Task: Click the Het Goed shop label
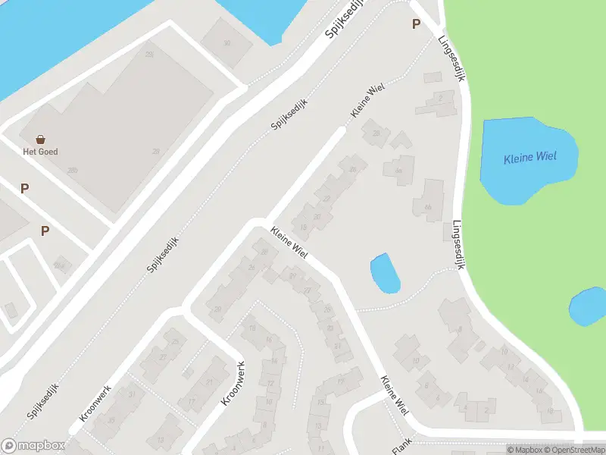pyautogui.click(x=41, y=152)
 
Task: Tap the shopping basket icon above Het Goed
pyautogui.click(x=41, y=139)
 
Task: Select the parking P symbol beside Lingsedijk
pyautogui.click(x=416, y=24)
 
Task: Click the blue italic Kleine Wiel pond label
pyautogui.click(x=530, y=158)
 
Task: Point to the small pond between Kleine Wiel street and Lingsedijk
pyautogui.click(x=385, y=273)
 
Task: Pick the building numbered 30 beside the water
pyautogui.click(x=226, y=42)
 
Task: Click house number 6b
pyautogui.click(x=428, y=207)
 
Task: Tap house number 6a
pyautogui.click(x=398, y=171)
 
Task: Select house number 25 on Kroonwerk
pyautogui.click(x=175, y=341)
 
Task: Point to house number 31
pyautogui.click(x=133, y=394)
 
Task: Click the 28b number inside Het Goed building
pyautogui.click(x=73, y=171)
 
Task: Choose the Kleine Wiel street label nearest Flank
pyautogui.click(x=395, y=395)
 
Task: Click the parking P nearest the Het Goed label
pyautogui.click(x=25, y=188)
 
